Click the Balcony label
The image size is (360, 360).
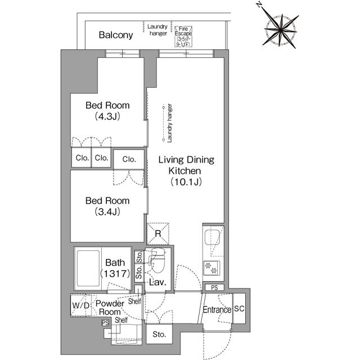point(115,35)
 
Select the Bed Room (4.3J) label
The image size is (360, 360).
point(107,110)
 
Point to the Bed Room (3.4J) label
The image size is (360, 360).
point(107,206)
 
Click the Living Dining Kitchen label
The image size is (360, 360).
point(186,170)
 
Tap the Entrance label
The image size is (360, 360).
point(217,310)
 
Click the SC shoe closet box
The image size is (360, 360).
point(238,309)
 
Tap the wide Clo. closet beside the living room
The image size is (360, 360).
point(129,159)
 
